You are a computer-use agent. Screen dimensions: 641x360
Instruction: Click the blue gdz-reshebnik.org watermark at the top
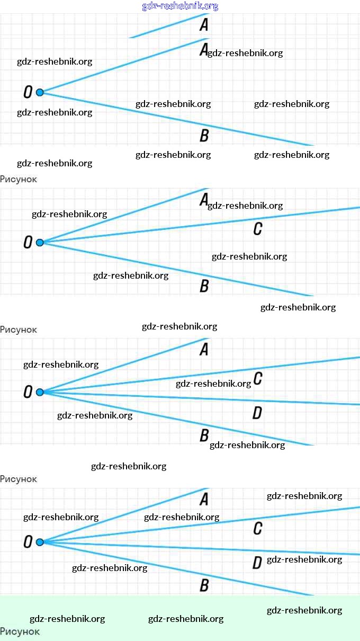point(180,6)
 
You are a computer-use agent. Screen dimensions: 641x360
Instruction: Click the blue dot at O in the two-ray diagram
point(39,93)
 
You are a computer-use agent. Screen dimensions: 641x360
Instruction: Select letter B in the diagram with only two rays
point(204,136)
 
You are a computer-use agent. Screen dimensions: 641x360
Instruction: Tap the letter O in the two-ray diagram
point(28,93)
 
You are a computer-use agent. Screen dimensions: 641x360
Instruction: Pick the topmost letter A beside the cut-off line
point(204,24)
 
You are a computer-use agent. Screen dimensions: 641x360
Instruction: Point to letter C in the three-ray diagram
point(258,229)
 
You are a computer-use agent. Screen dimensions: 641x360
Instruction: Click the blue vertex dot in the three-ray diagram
point(39,243)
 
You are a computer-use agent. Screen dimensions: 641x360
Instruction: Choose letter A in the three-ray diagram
point(204,200)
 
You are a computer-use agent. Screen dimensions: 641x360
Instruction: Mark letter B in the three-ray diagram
point(204,286)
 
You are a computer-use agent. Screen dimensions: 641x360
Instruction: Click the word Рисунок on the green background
point(20,631)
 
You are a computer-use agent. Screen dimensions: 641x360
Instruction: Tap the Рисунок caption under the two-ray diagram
point(19,179)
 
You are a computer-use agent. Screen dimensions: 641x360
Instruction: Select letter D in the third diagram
point(257,413)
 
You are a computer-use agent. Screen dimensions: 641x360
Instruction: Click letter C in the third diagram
point(258,378)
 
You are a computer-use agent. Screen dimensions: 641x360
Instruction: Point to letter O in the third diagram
point(28,393)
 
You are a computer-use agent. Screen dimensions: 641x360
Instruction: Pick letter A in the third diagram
point(204,350)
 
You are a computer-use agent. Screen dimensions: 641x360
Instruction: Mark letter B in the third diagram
point(204,436)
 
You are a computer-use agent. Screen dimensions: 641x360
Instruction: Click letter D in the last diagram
point(257,563)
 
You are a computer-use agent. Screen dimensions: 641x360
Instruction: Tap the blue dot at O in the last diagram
point(39,542)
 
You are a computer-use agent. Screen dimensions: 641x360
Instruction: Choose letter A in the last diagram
point(204,499)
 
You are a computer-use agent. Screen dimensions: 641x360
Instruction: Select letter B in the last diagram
point(204,585)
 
